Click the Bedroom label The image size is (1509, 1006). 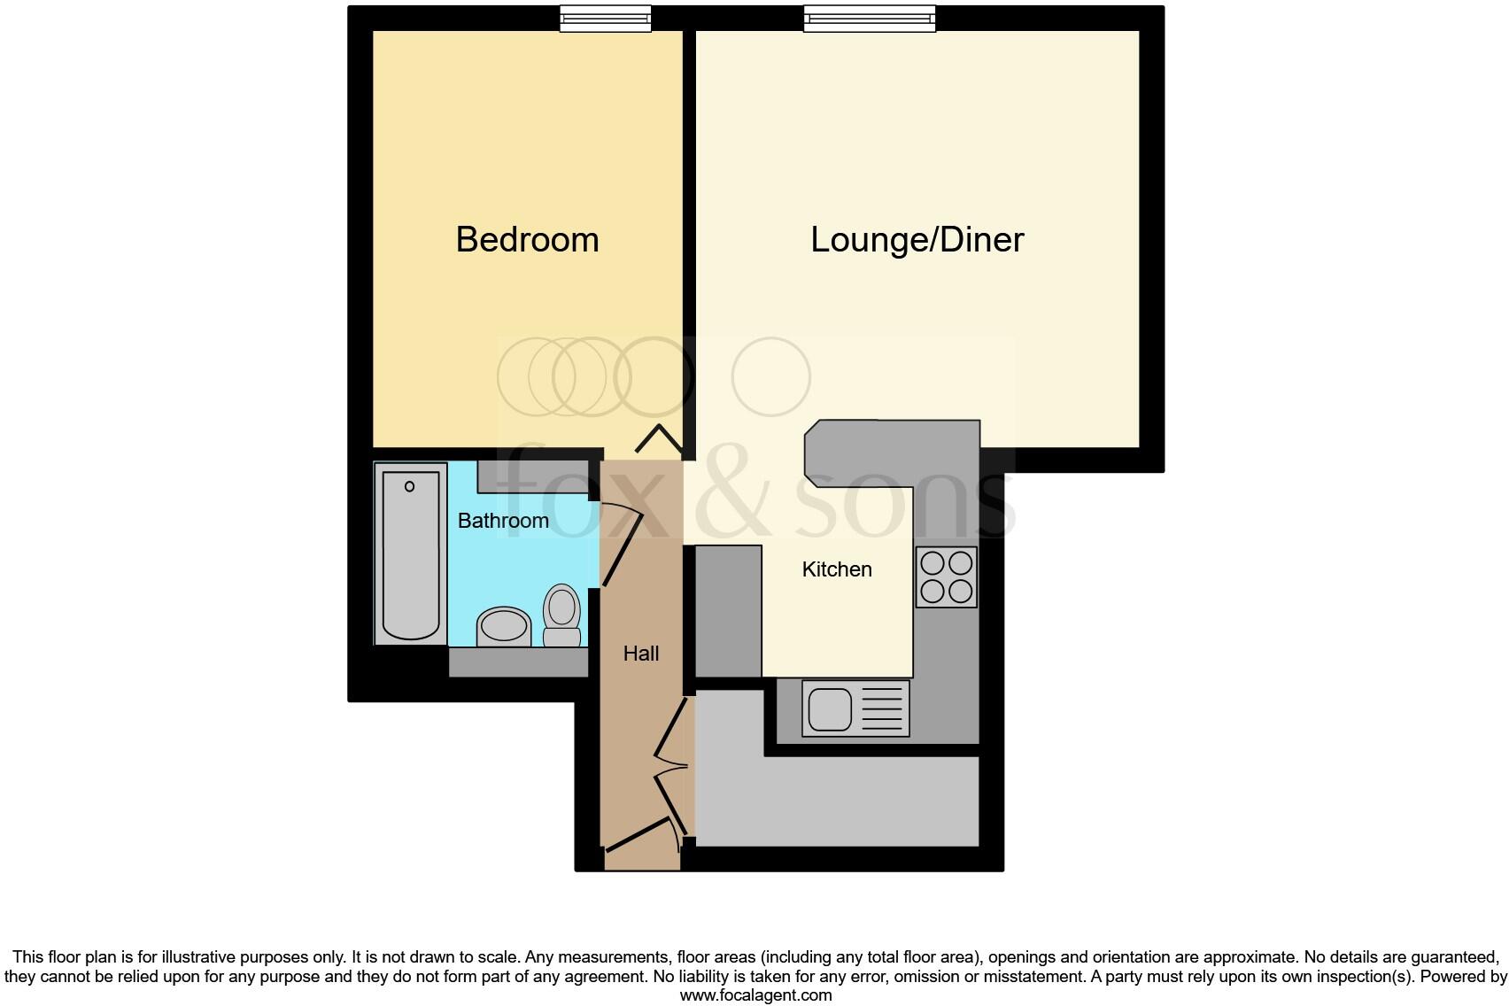click(527, 240)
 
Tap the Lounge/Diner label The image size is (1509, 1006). click(917, 240)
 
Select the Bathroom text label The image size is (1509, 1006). click(503, 521)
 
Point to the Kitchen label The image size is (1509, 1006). click(837, 569)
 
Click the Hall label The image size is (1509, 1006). click(640, 654)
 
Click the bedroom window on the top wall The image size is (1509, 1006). click(606, 19)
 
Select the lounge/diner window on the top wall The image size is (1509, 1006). click(869, 19)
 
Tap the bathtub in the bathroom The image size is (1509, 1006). click(411, 554)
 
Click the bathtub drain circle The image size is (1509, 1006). click(410, 486)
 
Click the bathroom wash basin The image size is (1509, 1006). click(503, 627)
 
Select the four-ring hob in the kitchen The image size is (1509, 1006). click(946, 577)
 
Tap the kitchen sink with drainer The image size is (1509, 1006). click(855, 708)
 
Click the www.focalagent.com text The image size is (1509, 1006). click(754, 994)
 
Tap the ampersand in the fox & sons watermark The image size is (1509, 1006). click(743, 500)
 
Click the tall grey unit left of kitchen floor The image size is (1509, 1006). click(728, 611)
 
